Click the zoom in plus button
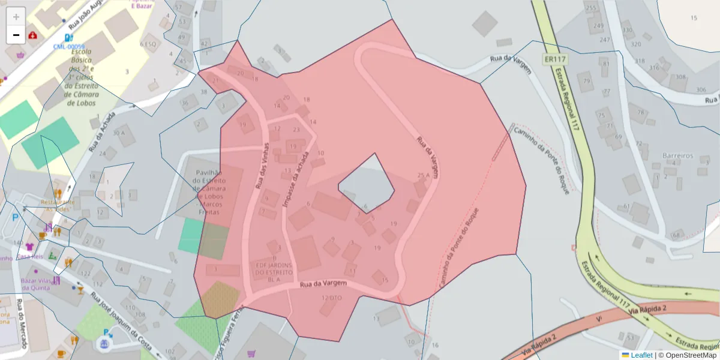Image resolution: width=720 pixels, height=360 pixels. pyautogui.click(x=16, y=16)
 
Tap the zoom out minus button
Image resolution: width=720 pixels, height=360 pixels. pyautogui.click(x=16, y=35)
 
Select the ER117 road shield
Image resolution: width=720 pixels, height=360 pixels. pyautogui.click(x=556, y=59)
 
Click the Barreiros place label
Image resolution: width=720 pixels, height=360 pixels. pyautogui.click(x=677, y=155)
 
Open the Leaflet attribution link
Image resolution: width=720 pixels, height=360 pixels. pyautogui.click(x=641, y=355)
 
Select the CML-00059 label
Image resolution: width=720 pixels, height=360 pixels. pyautogui.click(x=69, y=47)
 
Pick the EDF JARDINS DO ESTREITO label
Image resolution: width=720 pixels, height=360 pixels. pyautogui.click(x=274, y=271)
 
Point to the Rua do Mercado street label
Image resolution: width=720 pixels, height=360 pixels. pyautogui.click(x=22, y=323)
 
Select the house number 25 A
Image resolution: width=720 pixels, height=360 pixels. pyautogui.click(x=424, y=176)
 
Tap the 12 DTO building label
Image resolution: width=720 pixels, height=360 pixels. pyautogui.click(x=332, y=298)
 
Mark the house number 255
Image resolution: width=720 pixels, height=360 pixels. pyautogui.click(x=592, y=8)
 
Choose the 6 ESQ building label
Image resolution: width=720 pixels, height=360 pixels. pyautogui.click(x=148, y=44)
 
